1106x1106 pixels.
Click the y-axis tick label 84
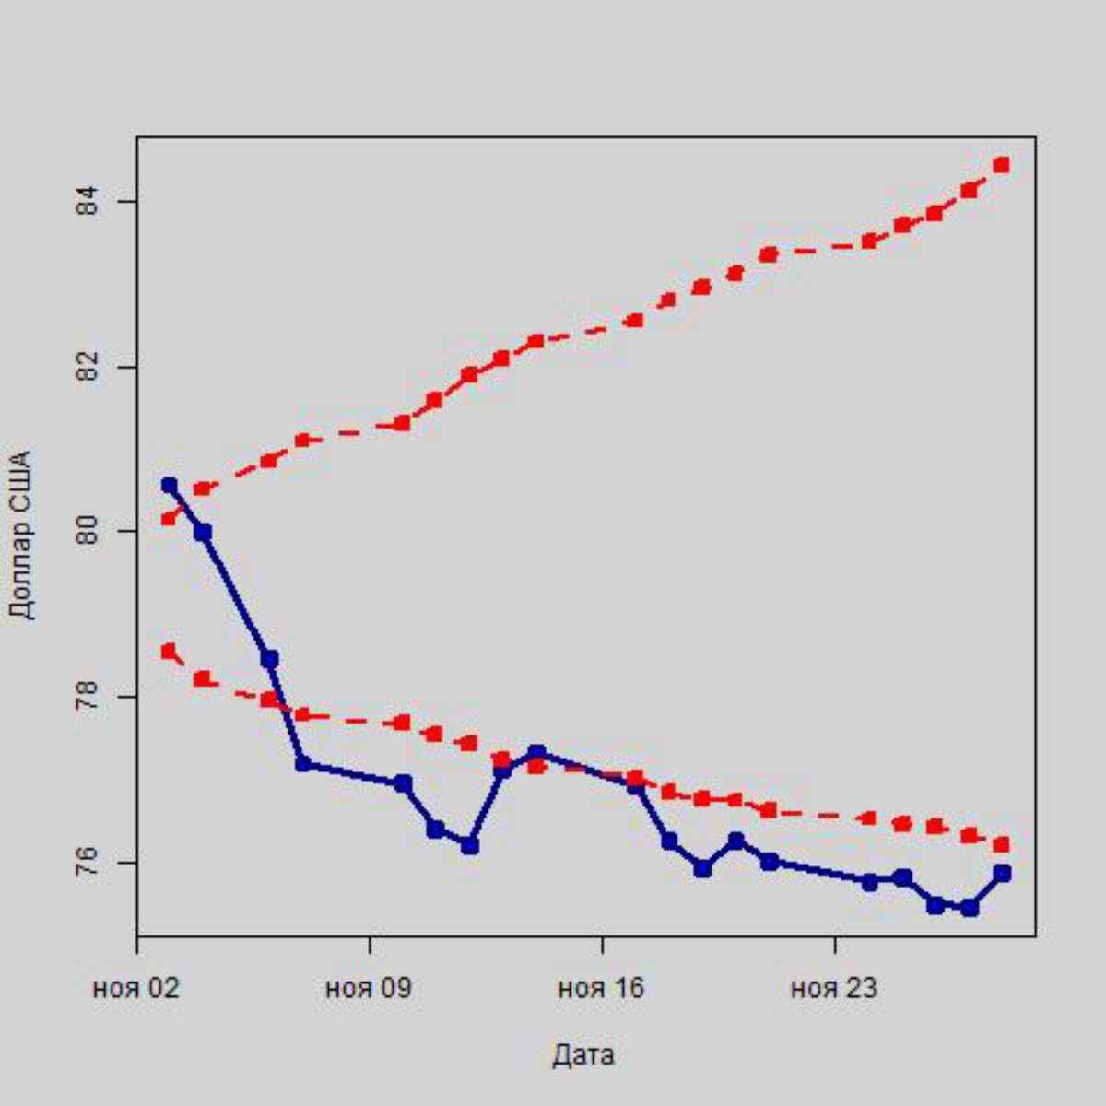(x=87, y=201)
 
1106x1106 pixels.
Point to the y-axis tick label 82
(x=87, y=367)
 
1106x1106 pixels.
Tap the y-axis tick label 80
(x=87, y=532)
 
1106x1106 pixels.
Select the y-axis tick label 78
(x=87, y=698)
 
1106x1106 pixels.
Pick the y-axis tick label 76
(x=87, y=863)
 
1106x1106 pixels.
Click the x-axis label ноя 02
(x=136, y=989)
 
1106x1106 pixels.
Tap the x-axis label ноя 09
(x=370, y=989)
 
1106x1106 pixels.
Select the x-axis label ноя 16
(x=602, y=989)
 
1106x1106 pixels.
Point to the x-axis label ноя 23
(x=834, y=989)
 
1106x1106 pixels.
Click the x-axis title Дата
(x=583, y=1055)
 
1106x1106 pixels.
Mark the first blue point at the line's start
(x=169, y=485)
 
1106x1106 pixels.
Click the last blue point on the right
(x=1002, y=873)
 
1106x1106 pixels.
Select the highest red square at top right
(x=1002, y=165)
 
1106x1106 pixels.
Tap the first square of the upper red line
(x=169, y=518)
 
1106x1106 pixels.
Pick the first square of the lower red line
(x=169, y=652)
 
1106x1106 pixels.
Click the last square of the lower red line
(x=1002, y=844)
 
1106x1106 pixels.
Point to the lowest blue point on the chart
(x=969, y=908)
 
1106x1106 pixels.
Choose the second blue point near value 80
(x=203, y=532)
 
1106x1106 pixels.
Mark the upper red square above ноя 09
(x=402, y=423)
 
